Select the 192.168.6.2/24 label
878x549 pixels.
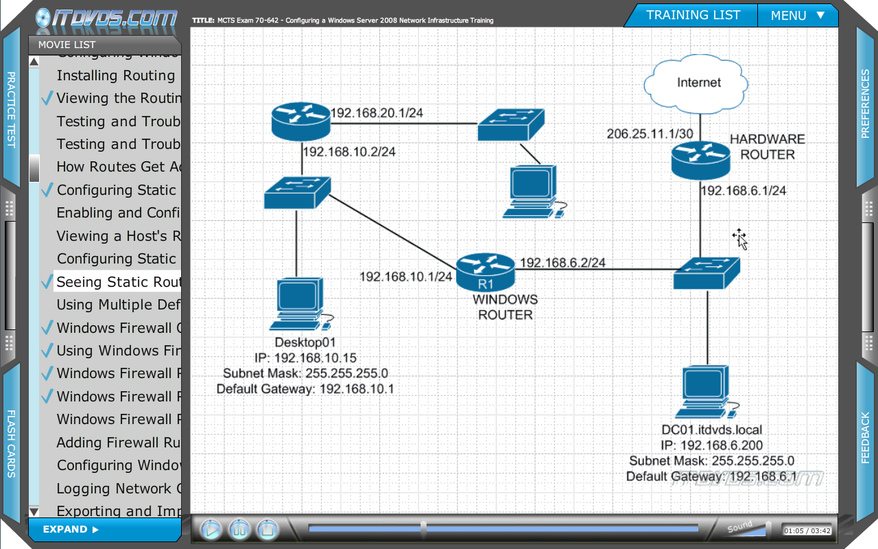[x=562, y=263]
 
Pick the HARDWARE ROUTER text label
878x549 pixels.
[x=767, y=147]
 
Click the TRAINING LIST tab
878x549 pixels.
[x=693, y=15]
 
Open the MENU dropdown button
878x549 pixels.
[x=797, y=15]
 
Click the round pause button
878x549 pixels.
[x=239, y=529]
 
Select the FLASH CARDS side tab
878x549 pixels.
[x=11, y=443]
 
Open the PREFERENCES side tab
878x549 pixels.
[x=866, y=103]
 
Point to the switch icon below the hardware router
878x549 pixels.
[x=706, y=272]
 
